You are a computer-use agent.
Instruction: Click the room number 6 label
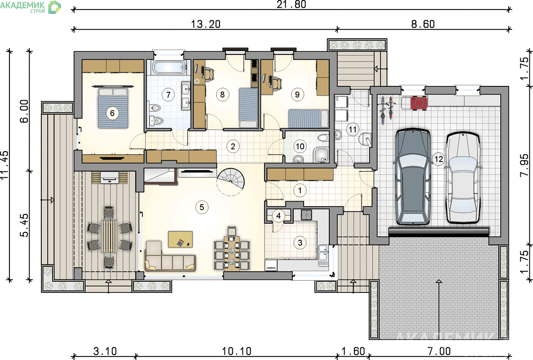pyautogui.click(x=112, y=113)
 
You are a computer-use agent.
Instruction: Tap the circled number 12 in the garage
pyautogui.click(x=439, y=159)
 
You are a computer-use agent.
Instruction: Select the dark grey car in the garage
pyautogui.click(x=412, y=176)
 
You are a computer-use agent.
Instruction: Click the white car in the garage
pyautogui.click(x=463, y=178)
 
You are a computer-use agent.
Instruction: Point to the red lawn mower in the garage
pyautogui.click(x=419, y=103)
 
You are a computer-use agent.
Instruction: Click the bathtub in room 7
pyautogui.click(x=169, y=67)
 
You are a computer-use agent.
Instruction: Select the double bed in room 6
pyautogui.click(x=113, y=108)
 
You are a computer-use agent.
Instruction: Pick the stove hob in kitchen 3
pyautogui.click(x=306, y=215)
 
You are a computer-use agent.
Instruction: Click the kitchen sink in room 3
pyautogui.click(x=323, y=255)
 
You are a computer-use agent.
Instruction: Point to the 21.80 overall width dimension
pyautogui.click(x=291, y=4)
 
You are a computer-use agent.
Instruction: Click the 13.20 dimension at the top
pyautogui.click(x=205, y=24)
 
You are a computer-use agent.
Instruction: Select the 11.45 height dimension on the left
pyautogui.click(x=5, y=165)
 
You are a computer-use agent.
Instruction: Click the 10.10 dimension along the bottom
pyautogui.click(x=237, y=351)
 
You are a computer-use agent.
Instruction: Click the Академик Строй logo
pyautogui.click(x=31, y=7)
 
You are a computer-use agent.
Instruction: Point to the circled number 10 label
pyautogui.click(x=300, y=147)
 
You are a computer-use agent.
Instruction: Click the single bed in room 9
pyautogui.click(x=308, y=119)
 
